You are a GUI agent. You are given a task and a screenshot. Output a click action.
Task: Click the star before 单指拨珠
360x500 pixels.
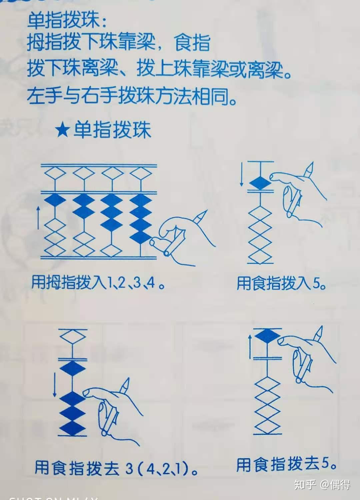pyautogui.click(x=62, y=130)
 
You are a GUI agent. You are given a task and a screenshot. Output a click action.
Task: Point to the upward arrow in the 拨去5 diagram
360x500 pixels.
pyautogui.click(x=250, y=347)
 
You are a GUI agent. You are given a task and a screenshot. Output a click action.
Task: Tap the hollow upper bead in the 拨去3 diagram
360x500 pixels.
pyautogui.click(x=73, y=337)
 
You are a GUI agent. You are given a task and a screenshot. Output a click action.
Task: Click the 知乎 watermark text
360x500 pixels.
pyautogui.click(x=305, y=484)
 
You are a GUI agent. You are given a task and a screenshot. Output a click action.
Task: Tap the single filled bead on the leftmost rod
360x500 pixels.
pyautogui.click(x=56, y=201)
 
